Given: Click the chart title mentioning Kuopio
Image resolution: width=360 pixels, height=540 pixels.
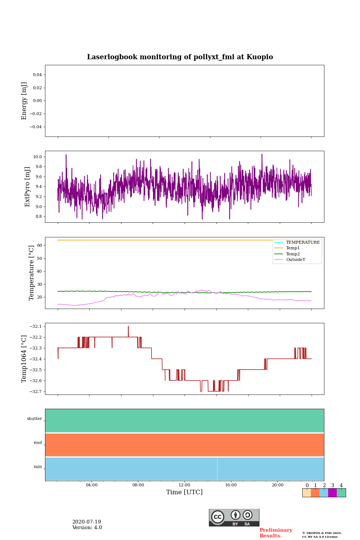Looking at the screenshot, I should click(x=180, y=57).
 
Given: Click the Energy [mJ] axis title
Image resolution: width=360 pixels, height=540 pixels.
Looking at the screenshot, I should click(x=24, y=101).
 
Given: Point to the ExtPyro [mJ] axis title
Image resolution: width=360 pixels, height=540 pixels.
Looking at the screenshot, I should click(x=27, y=187).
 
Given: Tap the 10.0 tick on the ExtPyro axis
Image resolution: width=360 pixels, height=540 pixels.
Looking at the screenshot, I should click(x=37, y=157).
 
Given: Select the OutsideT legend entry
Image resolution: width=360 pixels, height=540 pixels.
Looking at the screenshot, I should click(x=295, y=260).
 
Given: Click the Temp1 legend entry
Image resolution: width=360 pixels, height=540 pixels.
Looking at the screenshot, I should click(x=293, y=248).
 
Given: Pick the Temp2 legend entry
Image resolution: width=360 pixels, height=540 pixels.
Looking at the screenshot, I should click(x=293, y=254).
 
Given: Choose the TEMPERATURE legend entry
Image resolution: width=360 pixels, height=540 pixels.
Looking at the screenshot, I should click(x=303, y=243).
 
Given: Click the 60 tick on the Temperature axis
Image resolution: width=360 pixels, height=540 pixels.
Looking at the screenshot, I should click(x=39, y=246).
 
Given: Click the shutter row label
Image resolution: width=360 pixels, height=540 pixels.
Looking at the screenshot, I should click(x=34, y=419).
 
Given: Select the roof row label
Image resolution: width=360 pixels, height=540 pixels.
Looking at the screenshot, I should click(x=38, y=443).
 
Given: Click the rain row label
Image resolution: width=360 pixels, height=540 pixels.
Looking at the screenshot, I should click(x=38, y=467).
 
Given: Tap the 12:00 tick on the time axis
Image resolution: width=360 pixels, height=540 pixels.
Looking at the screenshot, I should click(x=184, y=485).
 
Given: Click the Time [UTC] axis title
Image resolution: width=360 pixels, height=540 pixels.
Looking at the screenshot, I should click(x=184, y=492).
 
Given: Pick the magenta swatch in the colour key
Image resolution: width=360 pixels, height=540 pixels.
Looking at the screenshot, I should click(x=332, y=493).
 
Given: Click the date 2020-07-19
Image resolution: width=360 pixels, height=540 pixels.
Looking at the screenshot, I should click(x=87, y=522).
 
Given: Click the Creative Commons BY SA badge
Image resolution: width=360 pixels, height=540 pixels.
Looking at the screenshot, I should click(x=234, y=517).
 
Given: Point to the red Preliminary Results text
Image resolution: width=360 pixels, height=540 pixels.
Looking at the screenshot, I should click(x=276, y=533).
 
